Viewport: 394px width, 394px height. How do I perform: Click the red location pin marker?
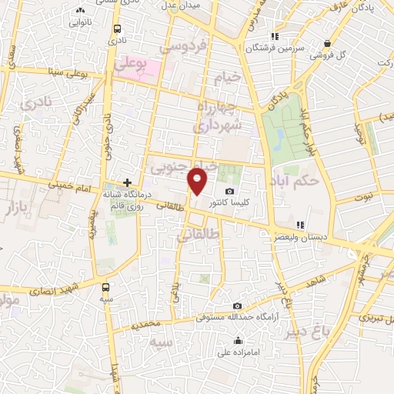tap(199, 182)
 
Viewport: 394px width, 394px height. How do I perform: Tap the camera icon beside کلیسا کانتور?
tap(229, 192)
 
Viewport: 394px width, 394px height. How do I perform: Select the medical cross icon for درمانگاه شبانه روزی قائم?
tap(128, 183)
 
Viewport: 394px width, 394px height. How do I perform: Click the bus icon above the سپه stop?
tap(105, 287)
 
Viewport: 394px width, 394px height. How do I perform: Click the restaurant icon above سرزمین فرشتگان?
tap(272, 36)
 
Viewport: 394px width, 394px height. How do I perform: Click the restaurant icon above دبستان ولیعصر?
tap(300, 225)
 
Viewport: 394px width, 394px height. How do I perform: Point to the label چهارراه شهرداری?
tap(219, 115)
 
